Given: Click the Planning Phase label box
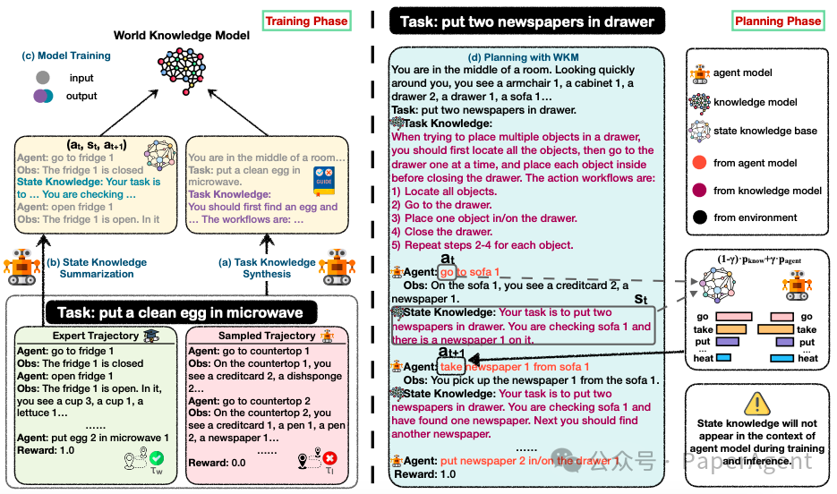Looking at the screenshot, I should (777, 21).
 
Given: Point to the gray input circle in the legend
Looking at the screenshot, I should (42, 78).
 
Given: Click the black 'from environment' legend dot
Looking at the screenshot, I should (699, 217).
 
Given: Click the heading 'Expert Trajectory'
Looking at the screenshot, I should (95, 336).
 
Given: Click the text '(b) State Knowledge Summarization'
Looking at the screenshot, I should (97, 268).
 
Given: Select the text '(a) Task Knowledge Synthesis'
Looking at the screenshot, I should (267, 268).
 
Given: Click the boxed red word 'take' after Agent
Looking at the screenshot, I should (451, 367).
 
